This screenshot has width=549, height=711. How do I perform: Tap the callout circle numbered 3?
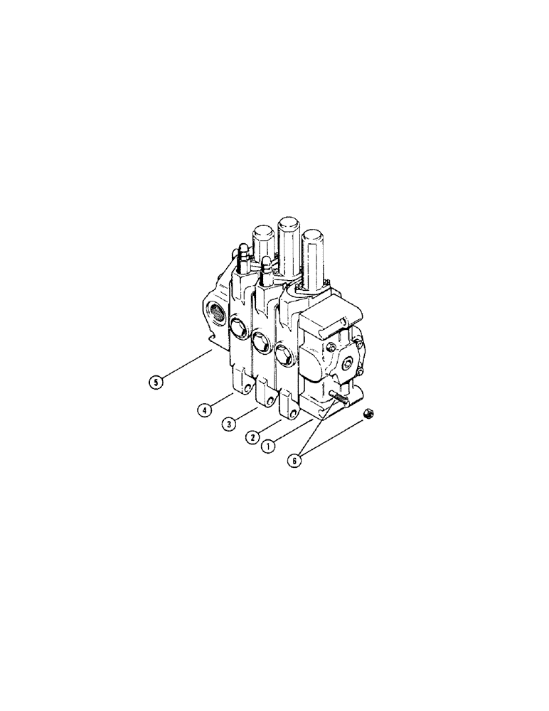[228, 424]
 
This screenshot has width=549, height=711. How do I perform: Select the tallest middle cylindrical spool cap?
[289, 245]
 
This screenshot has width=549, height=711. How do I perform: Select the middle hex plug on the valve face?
[260, 342]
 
